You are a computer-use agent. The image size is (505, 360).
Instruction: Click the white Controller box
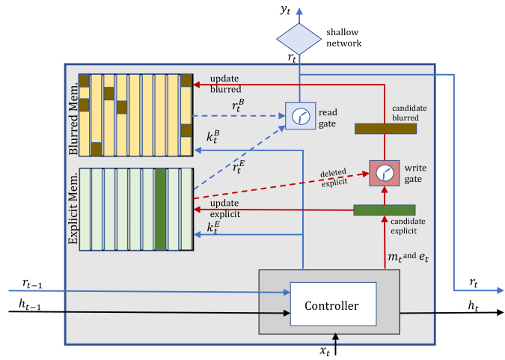click(x=334, y=305)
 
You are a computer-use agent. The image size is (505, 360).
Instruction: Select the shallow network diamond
click(x=299, y=39)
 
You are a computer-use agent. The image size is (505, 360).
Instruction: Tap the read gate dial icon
click(x=301, y=116)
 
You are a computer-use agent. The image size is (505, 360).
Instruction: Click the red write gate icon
click(x=385, y=173)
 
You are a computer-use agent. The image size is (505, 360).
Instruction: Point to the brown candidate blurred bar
click(x=385, y=129)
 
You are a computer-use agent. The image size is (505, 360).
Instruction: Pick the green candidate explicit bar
click(x=385, y=210)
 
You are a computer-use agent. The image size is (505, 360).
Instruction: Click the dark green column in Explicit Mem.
click(x=161, y=209)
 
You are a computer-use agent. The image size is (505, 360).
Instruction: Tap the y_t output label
click(x=285, y=10)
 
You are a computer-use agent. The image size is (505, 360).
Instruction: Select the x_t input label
click(x=325, y=350)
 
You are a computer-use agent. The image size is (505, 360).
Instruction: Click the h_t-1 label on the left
click(x=30, y=304)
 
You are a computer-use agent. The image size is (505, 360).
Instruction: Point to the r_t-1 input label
click(x=32, y=284)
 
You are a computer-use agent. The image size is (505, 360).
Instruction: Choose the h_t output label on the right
click(x=473, y=305)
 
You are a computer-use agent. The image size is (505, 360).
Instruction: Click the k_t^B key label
click(x=213, y=136)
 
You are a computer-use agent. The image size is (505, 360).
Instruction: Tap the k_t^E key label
click(x=213, y=228)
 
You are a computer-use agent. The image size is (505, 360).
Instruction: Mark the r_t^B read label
click(x=238, y=106)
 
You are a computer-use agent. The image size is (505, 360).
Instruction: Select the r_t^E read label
click(x=239, y=167)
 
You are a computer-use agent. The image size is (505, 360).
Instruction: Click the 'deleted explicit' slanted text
click(x=334, y=177)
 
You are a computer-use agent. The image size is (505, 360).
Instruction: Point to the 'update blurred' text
click(x=225, y=84)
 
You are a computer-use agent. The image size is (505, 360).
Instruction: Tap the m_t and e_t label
click(x=408, y=257)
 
